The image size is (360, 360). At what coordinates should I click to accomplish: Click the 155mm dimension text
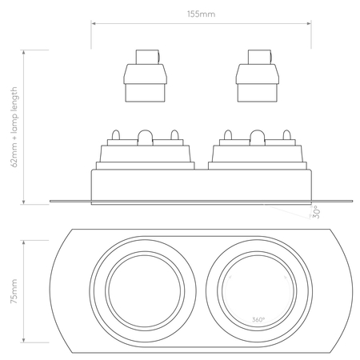[x=202, y=14]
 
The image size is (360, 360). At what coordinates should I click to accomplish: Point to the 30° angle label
[x=317, y=211]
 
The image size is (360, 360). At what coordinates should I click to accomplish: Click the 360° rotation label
[x=258, y=319]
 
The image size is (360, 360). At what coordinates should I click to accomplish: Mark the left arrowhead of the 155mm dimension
[x=93, y=24]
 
